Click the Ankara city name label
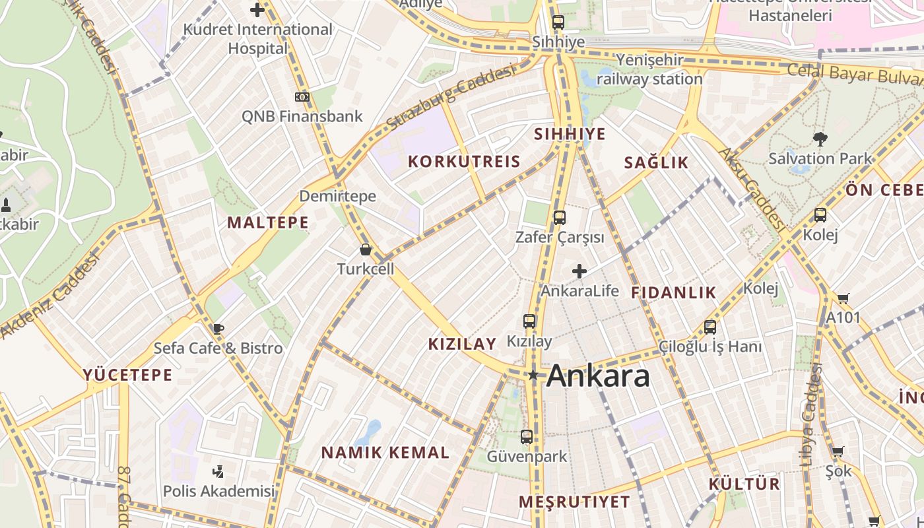point(598,376)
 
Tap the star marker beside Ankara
point(533,376)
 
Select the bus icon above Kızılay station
point(529,321)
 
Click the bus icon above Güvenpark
point(527,436)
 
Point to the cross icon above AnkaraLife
point(579,271)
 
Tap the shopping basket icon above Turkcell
point(366,249)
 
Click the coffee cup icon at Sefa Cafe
point(218,329)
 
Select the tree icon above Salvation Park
point(820,139)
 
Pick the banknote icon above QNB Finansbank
point(302,97)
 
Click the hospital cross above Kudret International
point(257,10)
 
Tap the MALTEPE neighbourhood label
point(268,222)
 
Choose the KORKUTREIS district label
point(464,162)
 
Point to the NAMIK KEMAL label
point(385,453)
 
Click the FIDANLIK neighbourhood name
point(673,293)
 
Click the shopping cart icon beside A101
point(843,299)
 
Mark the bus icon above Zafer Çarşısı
point(560,217)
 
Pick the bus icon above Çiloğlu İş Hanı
point(710,327)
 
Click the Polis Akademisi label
point(218,491)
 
